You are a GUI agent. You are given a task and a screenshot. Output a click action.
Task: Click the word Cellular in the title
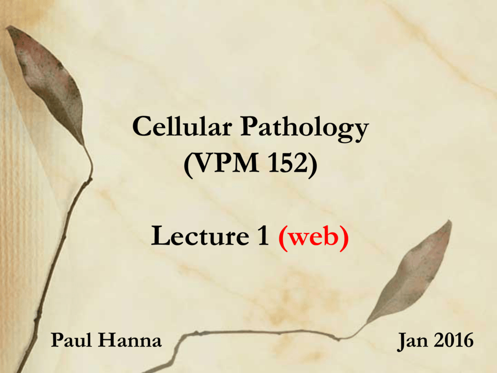pos(182,126)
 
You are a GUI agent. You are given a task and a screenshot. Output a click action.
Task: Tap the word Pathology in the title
pos(305,129)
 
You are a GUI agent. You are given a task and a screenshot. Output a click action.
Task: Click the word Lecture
pos(200,236)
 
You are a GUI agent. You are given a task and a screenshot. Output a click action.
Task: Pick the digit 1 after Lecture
pos(264,236)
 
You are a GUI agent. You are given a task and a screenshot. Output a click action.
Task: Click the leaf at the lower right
pos(412,273)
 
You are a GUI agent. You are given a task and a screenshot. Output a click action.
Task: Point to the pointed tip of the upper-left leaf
pos(7,27)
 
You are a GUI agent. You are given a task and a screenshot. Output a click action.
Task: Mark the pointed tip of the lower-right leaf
pos(450,221)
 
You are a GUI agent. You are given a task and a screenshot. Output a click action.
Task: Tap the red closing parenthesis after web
pos(344,238)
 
